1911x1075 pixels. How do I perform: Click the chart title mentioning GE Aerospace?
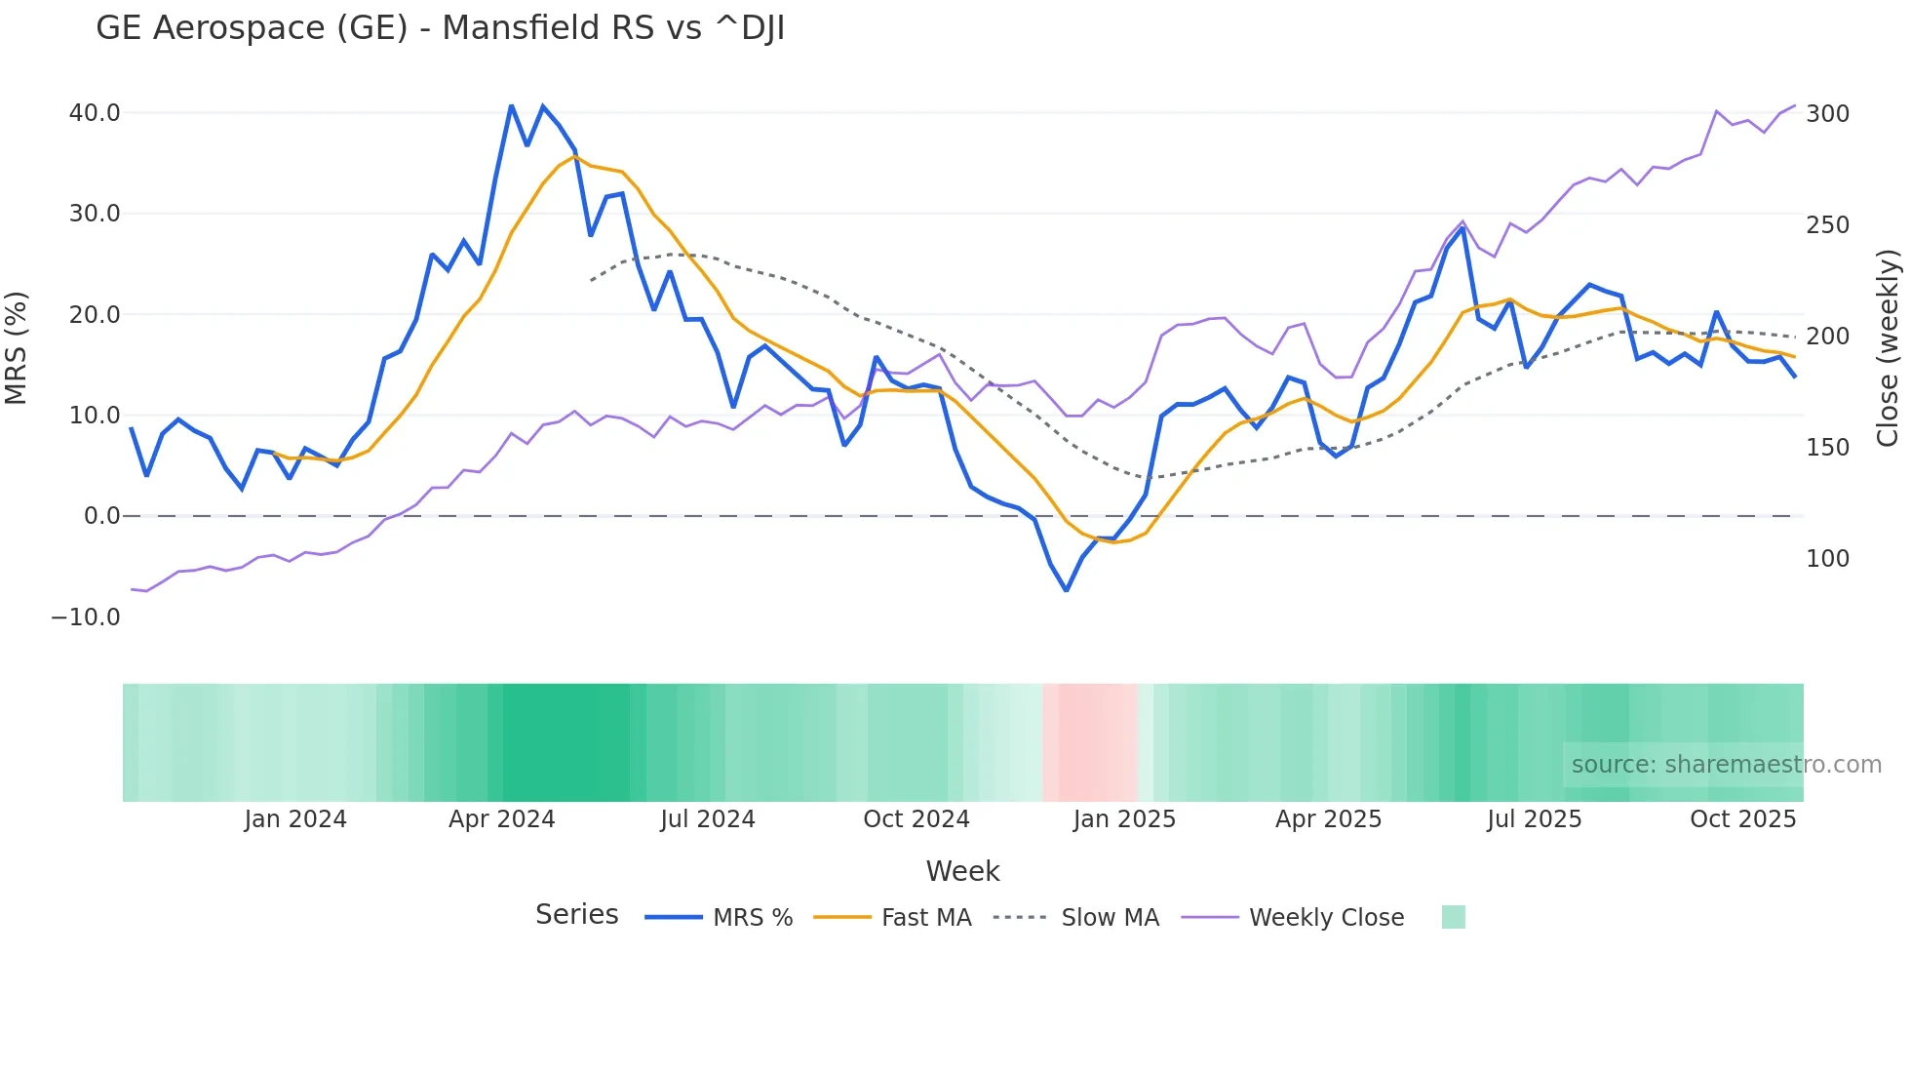tap(440, 28)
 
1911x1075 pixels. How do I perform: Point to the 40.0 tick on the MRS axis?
tap(95, 113)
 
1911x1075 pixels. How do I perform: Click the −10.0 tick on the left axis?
tap(86, 617)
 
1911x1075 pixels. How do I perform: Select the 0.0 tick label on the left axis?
tap(101, 516)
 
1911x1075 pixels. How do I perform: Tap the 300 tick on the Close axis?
tap(1827, 114)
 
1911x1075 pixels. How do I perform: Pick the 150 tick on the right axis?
tap(1827, 448)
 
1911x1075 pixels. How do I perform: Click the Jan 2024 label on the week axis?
tap(295, 819)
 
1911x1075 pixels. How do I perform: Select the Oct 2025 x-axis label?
tap(1742, 819)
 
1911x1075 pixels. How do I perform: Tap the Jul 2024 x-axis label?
tap(708, 819)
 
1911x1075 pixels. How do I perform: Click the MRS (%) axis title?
tap(17, 348)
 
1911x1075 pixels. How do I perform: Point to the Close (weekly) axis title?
tap(1888, 348)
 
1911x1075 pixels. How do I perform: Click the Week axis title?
tap(962, 871)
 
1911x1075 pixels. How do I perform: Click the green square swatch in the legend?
tap(1453, 918)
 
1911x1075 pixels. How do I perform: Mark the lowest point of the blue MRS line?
tap(1067, 590)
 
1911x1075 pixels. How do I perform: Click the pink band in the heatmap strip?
tap(1090, 742)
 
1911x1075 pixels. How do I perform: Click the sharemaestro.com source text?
tap(1726, 765)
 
